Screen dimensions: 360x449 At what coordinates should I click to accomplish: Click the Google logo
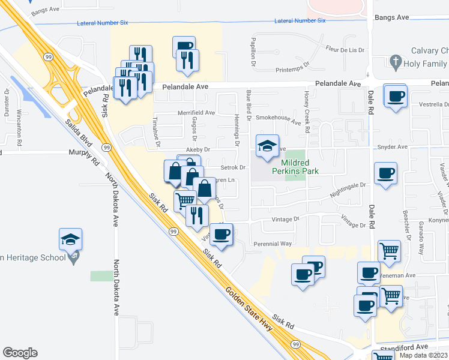pos(20,353)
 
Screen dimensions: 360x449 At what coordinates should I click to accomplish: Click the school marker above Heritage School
pos(71,240)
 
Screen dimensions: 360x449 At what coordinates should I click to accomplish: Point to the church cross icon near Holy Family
pos(395,61)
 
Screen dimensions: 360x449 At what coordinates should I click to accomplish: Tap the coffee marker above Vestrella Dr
pos(396,97)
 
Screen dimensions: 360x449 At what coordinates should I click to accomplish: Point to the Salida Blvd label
pos(82,139)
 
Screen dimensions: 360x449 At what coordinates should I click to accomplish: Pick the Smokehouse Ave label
pos(279,119)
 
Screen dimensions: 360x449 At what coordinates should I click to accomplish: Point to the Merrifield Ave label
pos(196,112)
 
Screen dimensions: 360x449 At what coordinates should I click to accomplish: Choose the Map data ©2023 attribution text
pos(422,355)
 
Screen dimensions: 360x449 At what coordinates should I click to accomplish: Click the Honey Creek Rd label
pos(307,108)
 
